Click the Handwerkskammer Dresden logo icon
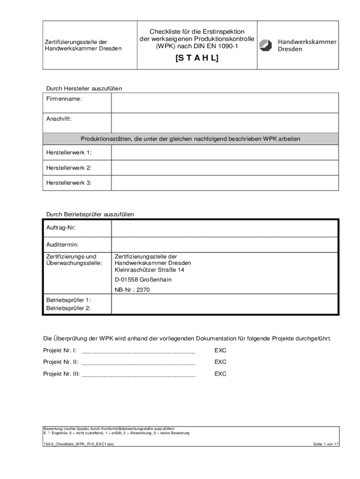(x=266, y=45)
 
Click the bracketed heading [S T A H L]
(x=197, y=58)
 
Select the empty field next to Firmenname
(x=224, y=102)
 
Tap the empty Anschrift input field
(x=224, y=123)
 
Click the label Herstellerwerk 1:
(x=69, y=152)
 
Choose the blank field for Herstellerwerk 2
(x=224, y=167)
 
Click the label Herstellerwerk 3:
(x=69, y=183)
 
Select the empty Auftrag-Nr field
(x=224, y=228)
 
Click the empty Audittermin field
(x=224, y=244)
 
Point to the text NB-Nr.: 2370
(x=132, y=290)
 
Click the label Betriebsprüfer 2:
(x=68, y=308)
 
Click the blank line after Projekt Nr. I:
(x=138, y=350)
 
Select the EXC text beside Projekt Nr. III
(x=220, y=374)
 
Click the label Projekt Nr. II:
(x=61, y=362)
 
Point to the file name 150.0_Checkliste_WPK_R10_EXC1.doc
(x=79, y=444)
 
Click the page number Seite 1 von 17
(x=326, y=444)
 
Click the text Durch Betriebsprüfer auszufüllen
(x=90, y=214)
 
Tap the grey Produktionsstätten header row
(x=190, y=139)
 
